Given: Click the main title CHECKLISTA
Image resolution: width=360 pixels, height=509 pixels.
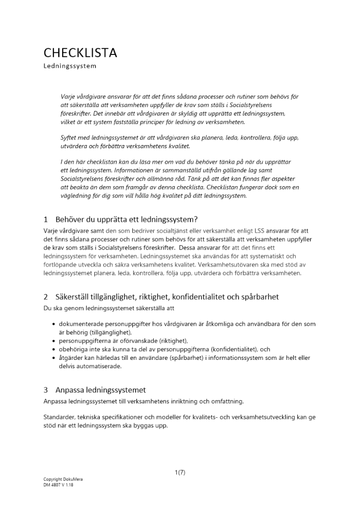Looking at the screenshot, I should tap(80, 52).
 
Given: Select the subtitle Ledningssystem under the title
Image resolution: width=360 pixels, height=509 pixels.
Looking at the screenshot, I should tap(69, 66).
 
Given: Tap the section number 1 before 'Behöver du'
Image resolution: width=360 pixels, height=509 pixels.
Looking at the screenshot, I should tap(46, 220).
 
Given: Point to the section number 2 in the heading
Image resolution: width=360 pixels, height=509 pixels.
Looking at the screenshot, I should tap(46, 297).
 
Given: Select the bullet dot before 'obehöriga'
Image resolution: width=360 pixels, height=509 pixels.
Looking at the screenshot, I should tap(54, 349).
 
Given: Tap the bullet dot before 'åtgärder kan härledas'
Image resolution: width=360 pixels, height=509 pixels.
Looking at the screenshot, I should tap(54, 358).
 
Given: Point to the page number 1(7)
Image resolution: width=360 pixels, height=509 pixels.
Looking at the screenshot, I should tap(180, 472).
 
